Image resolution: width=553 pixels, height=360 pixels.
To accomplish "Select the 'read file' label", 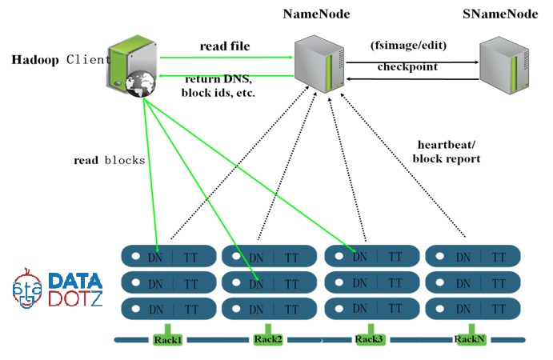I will point(225,46).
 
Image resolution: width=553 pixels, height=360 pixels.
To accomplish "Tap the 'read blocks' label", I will point(109,160).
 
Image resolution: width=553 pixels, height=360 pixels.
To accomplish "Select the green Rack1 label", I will point(167,339).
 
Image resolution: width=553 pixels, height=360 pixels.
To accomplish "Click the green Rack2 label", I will point(268,339).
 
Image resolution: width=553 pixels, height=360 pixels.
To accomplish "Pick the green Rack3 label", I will point(369,339).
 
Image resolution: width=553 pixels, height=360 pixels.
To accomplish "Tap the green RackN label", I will point(470,339).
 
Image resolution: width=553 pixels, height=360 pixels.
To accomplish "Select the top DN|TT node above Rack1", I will point(168,257).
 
